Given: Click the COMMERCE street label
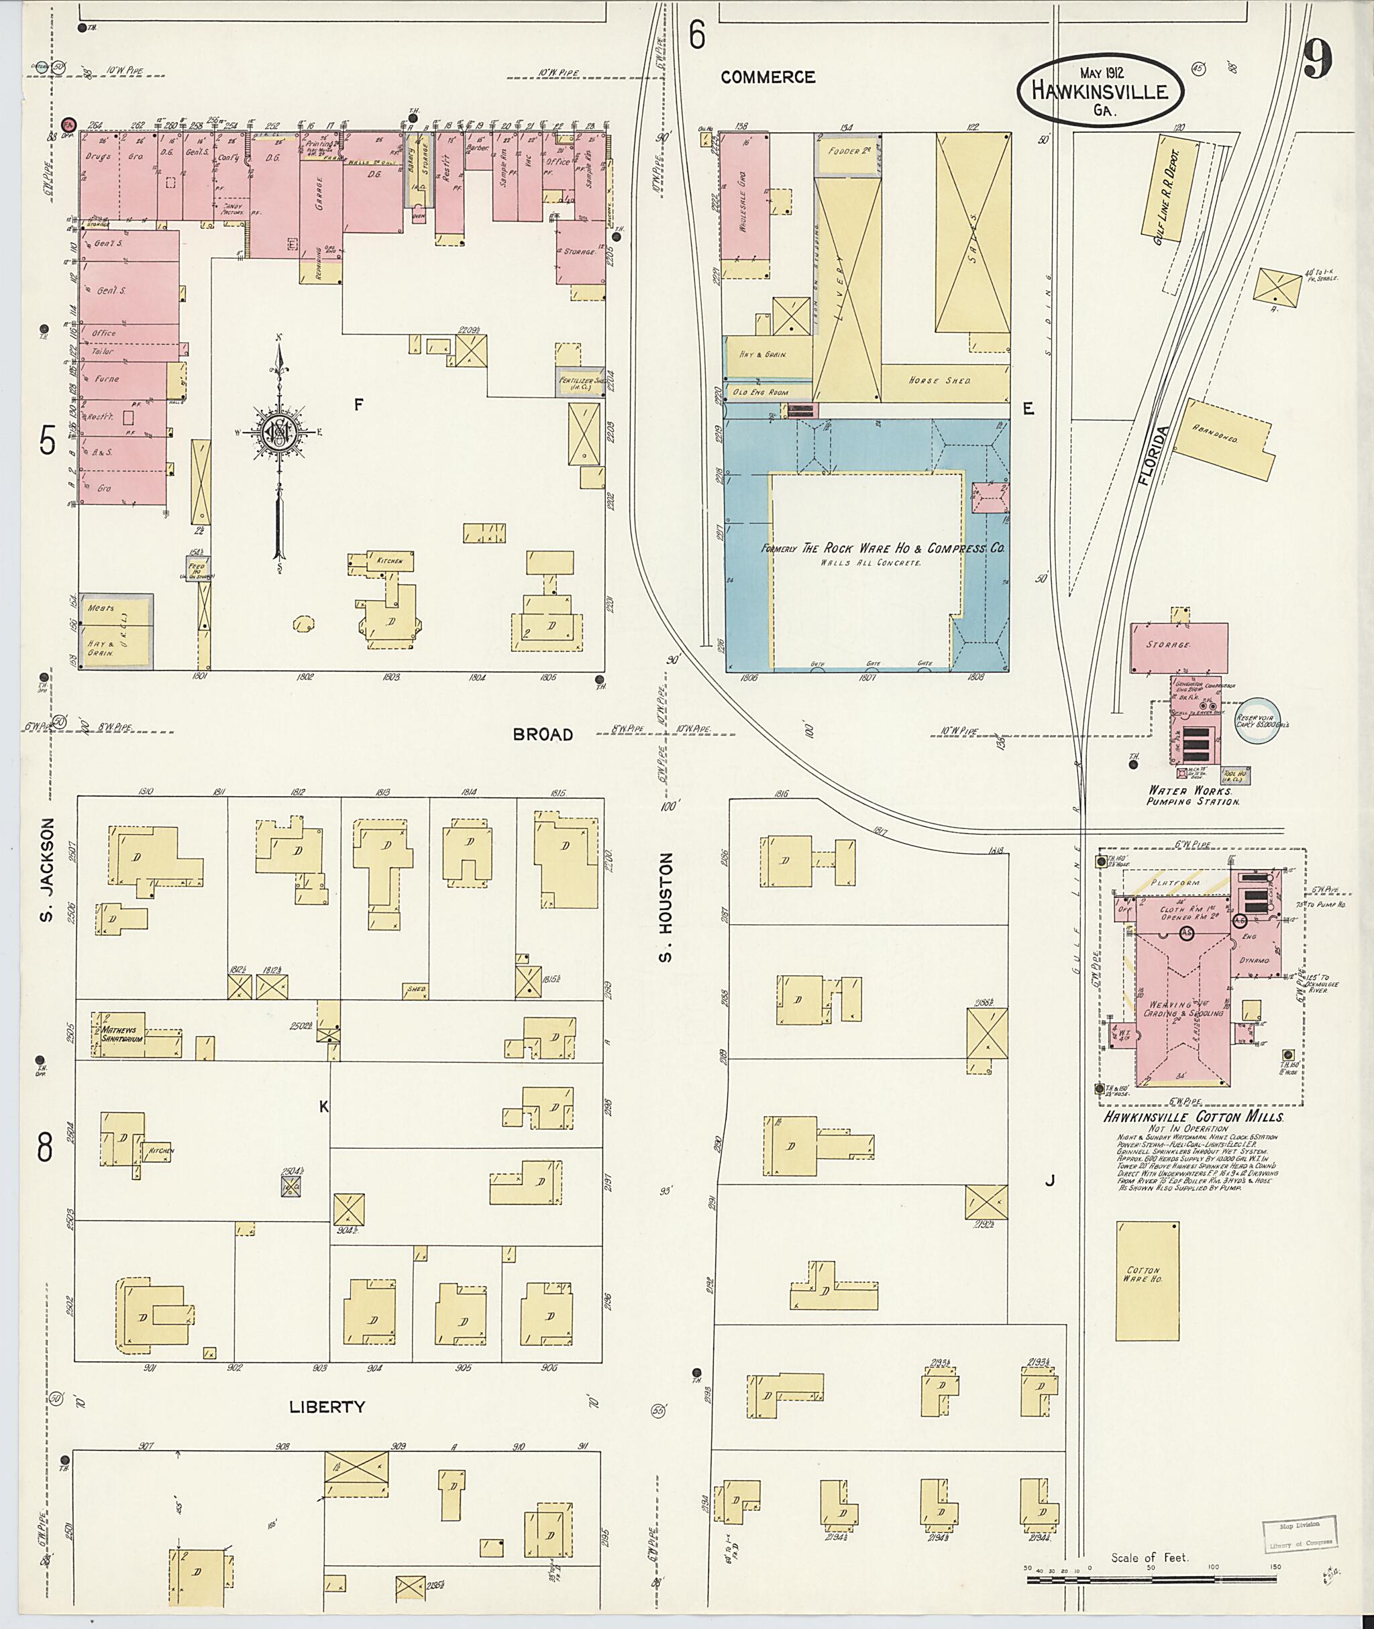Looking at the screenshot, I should tap(768, 77).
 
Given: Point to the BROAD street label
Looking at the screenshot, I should tap(543, 734).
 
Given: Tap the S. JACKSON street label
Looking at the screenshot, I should tap(47, 869).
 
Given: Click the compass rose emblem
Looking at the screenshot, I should tap(278, 430).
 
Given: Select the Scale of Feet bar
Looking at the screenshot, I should tap(1151, 1579).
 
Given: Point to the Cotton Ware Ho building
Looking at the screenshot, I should tap(1147, 1281).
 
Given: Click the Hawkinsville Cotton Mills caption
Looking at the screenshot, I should tap(1192, 1117).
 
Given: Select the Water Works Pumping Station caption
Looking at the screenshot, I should tap(1192, 795).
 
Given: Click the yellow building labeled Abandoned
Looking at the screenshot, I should tap(1224, 439).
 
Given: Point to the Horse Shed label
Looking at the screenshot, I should tap(950, 381).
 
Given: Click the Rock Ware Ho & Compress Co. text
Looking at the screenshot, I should tap(882, 548).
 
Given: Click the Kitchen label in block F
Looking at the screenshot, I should tap(389, 561).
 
